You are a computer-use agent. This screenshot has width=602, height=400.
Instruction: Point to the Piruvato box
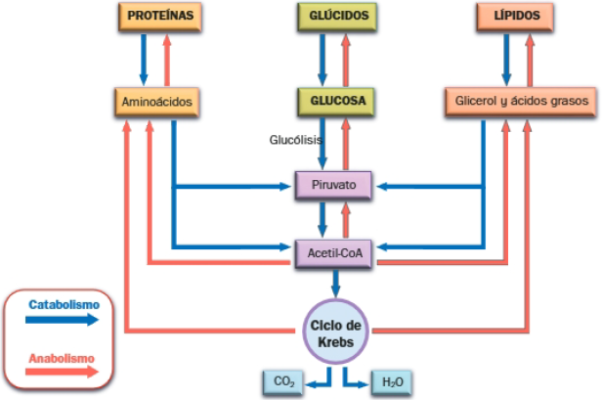[334, 183]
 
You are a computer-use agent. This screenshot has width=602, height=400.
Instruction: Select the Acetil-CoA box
[334, 252]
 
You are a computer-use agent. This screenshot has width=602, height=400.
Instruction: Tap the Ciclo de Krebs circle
[335, 333]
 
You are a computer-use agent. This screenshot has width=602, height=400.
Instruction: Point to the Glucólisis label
[296, 141]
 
